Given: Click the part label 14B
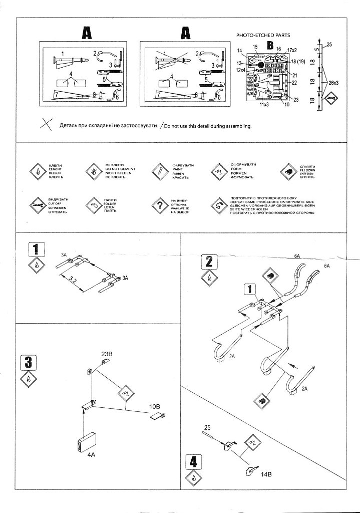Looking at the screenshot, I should click(266, 473).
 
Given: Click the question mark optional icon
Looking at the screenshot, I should click(159, 205).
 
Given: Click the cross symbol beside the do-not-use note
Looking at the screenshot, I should click(46, 125).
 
